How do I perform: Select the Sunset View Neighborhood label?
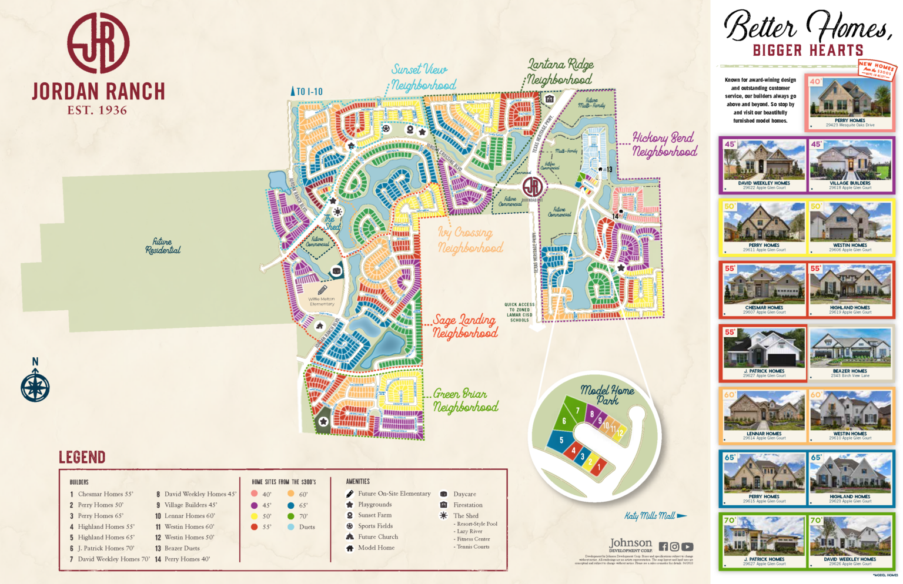[422, 78]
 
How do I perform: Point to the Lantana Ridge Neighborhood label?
[559, 72]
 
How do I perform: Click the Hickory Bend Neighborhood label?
[664, 145]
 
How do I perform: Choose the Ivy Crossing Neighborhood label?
[469, 240]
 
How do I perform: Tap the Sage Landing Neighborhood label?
[464, 327]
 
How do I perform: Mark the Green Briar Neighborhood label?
[465, 400]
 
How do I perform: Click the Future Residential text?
[163, 246]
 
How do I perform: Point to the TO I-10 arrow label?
[307, 92]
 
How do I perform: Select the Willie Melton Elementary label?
[322, 301]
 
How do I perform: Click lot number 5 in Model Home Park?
[561, 440]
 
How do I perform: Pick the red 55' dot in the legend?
[254, 527]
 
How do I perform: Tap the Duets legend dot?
[291, 527]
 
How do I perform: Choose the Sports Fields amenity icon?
[350, 526]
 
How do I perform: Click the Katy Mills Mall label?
[650, 516]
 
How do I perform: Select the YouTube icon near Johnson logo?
[687, 546]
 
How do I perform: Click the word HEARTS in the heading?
[835, 51]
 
